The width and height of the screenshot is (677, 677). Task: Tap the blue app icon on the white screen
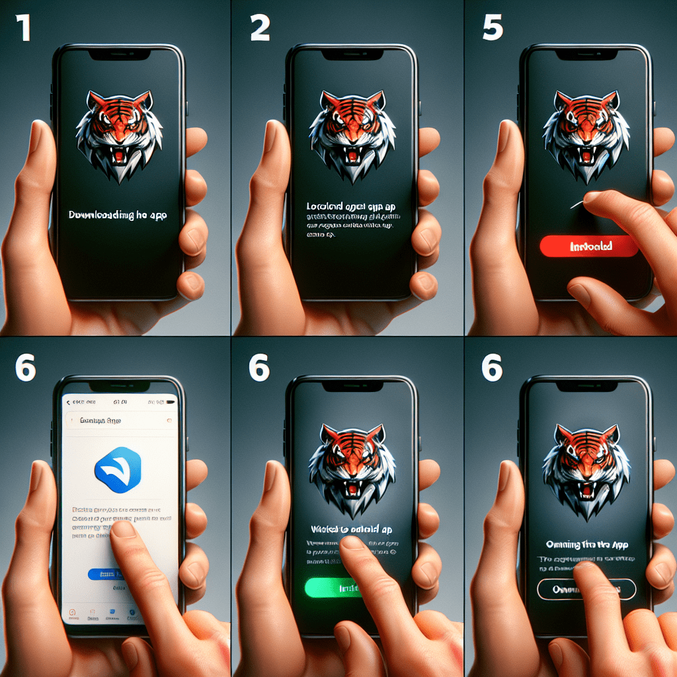pyautogui.click(x=118, y=469)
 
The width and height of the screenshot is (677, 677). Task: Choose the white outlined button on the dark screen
pyautogui.click(x=586, y=589)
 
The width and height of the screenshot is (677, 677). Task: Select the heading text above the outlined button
pyautogui.click(x=587, y=545)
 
